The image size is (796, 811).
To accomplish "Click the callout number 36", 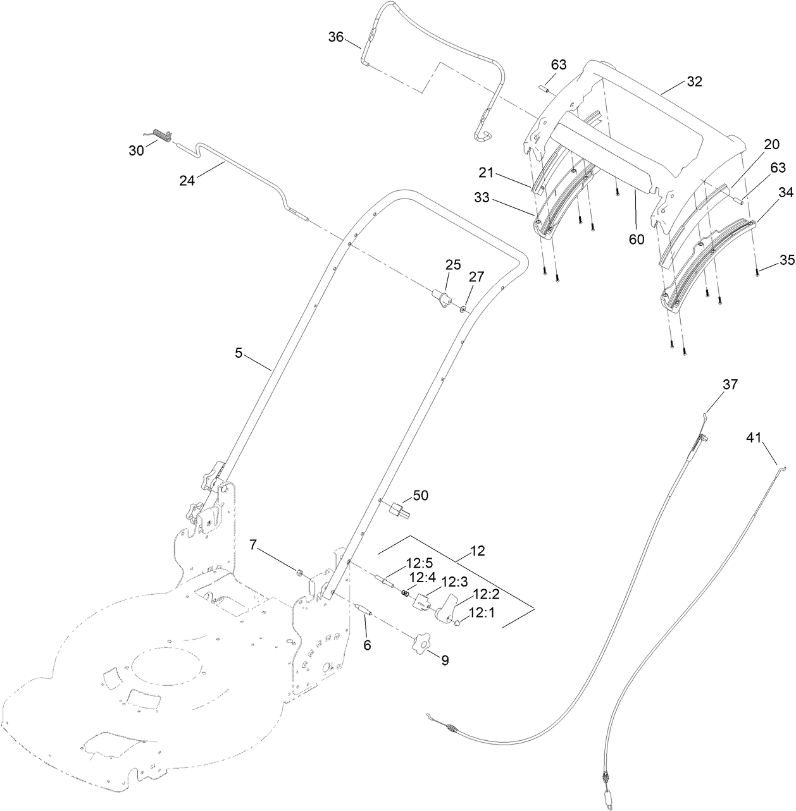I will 336,37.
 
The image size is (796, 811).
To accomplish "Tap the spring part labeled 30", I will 164,136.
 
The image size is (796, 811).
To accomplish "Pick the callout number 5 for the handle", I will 239,353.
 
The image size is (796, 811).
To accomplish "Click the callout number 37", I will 730,385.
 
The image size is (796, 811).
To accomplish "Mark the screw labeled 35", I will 757,272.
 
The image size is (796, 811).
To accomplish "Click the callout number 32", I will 694,82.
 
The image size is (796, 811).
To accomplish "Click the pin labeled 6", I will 364,609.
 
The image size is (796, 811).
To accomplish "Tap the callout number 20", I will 771,144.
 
